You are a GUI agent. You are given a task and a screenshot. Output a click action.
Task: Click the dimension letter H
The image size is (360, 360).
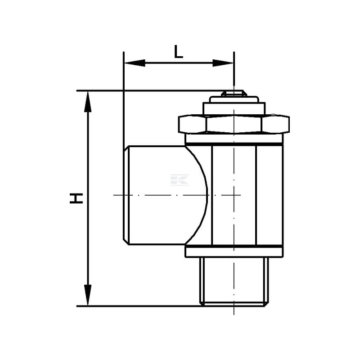pos(76,198)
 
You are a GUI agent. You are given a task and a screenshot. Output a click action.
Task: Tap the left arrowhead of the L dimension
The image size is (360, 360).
pos(135,63)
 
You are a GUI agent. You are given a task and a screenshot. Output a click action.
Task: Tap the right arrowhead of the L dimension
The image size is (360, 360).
pos(223,63)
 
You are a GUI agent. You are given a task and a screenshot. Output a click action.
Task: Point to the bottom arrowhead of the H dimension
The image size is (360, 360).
pos(88,295)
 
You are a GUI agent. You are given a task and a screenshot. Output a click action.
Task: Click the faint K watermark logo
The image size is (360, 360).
pos(180,180)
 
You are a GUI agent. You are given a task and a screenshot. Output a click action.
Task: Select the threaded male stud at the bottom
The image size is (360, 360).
pos(234,282)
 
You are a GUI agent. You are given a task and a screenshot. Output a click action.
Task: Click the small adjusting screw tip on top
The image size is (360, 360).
pos(234,94)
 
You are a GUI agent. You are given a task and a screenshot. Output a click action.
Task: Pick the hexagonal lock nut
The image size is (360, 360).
pos(234,124)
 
